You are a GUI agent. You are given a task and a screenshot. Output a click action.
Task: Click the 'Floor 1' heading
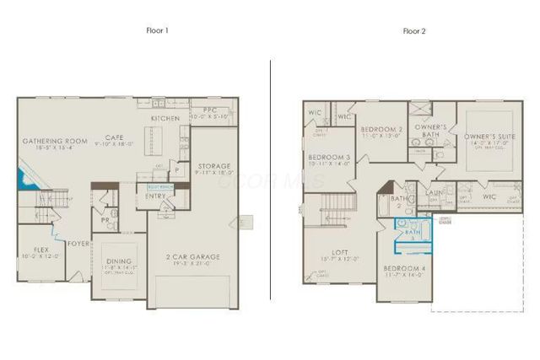click(x=159, y=31)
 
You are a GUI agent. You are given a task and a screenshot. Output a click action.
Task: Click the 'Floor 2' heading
click(x=414, y=31)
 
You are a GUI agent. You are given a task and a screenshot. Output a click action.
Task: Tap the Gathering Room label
click(x=55, y=141)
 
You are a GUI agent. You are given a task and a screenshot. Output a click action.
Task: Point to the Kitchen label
click(x=165, y=119)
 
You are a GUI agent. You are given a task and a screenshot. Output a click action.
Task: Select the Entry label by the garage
click(x=156, y=196)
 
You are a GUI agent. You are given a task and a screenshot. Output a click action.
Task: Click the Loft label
click(x=340, y=251)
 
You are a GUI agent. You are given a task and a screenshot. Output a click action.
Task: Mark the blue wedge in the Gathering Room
click(x=22, y=180)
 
